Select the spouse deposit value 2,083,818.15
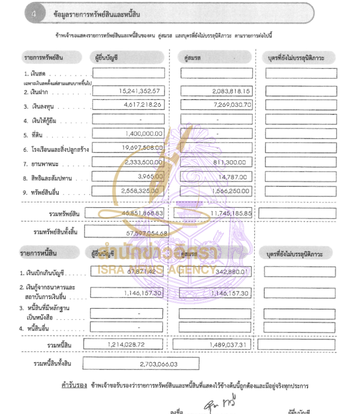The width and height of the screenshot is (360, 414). (x=231, y=91)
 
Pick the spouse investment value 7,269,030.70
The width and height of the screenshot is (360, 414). (x=231, y=105)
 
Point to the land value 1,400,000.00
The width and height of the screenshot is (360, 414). (x=144, y=134)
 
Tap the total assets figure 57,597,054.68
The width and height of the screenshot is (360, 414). (x=144, y=233)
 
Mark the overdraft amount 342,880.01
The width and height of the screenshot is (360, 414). (x=232, y=272)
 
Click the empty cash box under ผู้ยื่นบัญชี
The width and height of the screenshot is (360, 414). (x=129, y=73)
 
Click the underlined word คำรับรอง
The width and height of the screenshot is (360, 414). (x=74, y=386)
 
